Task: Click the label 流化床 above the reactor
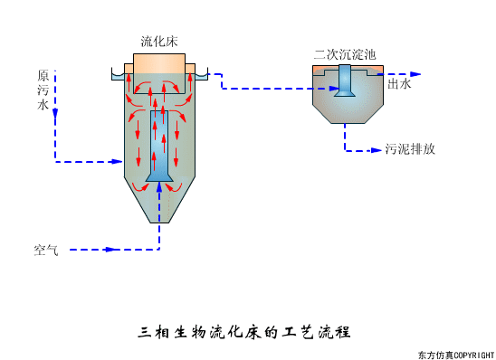[159, 42]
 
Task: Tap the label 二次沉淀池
[344, 54]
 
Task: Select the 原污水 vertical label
[43, 90]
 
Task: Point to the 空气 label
[46, 250]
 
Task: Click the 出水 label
[399, 84]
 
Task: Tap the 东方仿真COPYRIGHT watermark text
[456, 354]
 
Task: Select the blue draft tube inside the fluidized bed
[159, 145]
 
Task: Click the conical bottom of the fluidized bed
[159, 206]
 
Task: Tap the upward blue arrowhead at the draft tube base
[159, 187]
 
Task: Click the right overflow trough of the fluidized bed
[202, 76]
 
